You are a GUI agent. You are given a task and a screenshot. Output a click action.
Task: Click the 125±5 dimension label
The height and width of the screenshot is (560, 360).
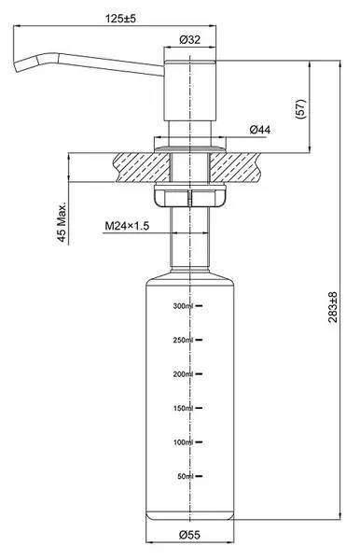pyautogui.click(x=120, y=19)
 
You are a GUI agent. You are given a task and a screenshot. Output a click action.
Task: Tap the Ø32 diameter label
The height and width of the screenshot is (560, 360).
pyautogui.click(x=190, y=39)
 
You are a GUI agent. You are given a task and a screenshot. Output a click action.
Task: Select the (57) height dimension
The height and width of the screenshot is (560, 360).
pyautogui.click(x=300, y=109)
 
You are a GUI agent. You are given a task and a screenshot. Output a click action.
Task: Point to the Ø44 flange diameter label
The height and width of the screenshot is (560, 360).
pyautogui.click(x=260, y=130)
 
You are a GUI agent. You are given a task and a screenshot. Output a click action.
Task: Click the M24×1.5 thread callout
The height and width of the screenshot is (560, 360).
pyautogui.click(x=127, y=226)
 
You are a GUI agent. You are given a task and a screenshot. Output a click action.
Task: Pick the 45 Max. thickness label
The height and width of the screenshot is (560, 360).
pyautogui.click(x=62, y=222)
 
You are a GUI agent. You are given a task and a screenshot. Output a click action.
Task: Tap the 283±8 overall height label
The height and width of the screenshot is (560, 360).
pyautogui.click(x=333, y=307)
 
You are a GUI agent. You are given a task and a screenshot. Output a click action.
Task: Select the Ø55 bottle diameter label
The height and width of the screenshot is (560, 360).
pyautogui.click(x=189, y=535)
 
